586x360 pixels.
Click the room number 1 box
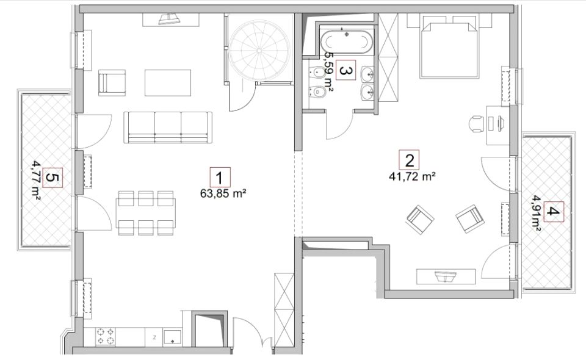(x=220, y=178)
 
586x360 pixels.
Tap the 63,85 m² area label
(x=223, y=193)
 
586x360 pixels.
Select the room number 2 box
(x=409, y=160)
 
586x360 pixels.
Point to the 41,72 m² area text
(x=412, y=176)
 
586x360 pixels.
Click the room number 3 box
(x=346, y=70)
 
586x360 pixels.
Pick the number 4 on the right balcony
(x=554, y=212)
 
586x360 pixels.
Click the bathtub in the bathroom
(x=346, y=41)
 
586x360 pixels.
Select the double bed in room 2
(x=449, y=47)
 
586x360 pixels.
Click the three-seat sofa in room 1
(x=168, y=127)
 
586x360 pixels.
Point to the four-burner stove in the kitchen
(x=106, y=336)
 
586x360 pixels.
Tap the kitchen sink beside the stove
(x=172, y=336)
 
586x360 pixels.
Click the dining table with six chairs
(x=146, y=213)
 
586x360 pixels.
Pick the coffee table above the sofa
(x=168, y=82)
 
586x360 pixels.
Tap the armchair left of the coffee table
(x=112, y=82)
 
